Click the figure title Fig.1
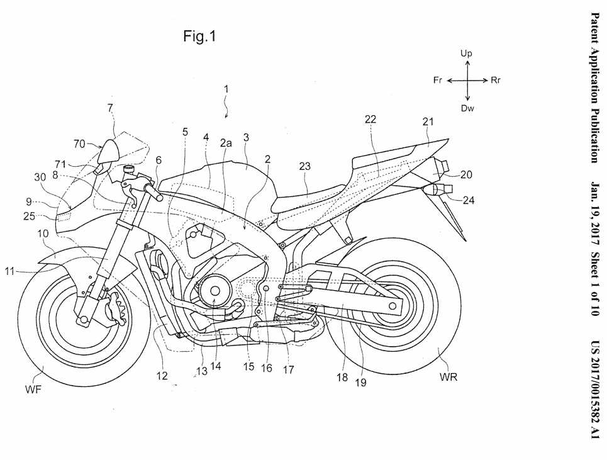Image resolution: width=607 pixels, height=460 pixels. [x=199, y=36]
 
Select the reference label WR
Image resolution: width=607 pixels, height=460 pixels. [x=448, y=378]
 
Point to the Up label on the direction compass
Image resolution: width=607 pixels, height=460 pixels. [x=466, y=54]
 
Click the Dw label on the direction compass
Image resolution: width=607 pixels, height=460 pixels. [x=467, y=108]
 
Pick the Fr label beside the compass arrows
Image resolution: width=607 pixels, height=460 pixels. [x=438, y=81]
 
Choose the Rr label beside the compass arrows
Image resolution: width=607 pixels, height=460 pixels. [x=496, y=81]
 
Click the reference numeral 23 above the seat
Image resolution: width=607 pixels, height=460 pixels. [x=305, y=167]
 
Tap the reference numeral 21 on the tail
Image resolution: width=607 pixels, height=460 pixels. [x=428, y=122]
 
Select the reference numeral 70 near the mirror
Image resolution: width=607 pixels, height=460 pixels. [x=79, y=143]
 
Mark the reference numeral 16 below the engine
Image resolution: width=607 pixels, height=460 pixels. [x=267, y=369]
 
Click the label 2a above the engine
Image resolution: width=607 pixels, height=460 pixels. [x=226, y=143]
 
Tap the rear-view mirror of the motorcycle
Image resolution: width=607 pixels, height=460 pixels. [x=111, y=151]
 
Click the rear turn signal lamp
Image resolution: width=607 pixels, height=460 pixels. [x=433, y=188]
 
